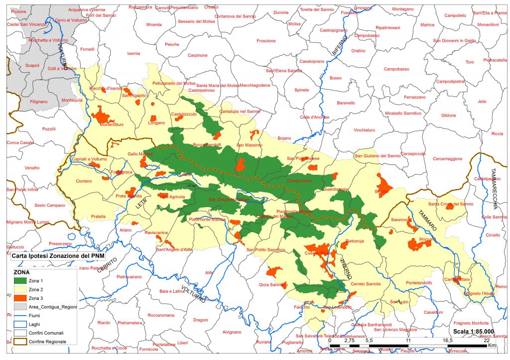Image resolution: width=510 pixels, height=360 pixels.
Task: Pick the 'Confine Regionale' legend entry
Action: pos(47,342)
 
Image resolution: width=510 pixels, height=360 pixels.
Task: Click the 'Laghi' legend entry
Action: pos(34,324)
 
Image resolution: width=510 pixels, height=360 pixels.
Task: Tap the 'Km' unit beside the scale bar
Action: pos(492,345)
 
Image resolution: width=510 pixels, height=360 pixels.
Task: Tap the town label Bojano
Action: pos(284,138)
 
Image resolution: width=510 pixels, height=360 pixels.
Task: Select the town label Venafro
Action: pos(32,168)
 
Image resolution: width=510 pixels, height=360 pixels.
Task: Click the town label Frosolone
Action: pos(265,41)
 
